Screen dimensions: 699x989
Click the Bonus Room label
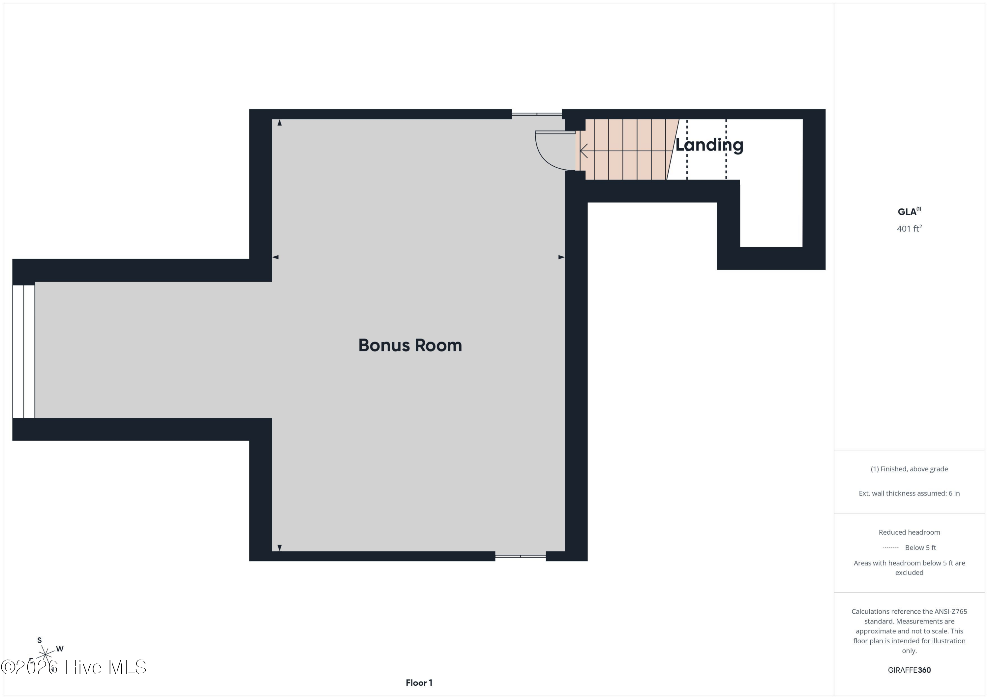click(410, 345)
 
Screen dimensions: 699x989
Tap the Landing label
click(709, 145)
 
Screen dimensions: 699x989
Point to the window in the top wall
click(537, 114)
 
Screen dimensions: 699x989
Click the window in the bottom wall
click(520, 556)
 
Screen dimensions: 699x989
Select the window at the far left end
click(24, 351)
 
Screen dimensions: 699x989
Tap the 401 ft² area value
click(909, 229)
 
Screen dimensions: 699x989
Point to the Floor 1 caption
click(419, 683)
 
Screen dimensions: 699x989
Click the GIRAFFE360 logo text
click(909, 670)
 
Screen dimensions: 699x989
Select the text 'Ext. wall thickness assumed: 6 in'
click(909, 493)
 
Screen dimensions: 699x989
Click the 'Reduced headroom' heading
click(909, 532)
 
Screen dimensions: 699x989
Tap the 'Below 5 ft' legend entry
click(920, 547)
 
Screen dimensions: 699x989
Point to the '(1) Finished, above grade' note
click(909, 469)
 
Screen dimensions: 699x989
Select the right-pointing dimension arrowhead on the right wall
click(561, 257)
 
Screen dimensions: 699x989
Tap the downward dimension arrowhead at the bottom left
click(280, 547)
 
